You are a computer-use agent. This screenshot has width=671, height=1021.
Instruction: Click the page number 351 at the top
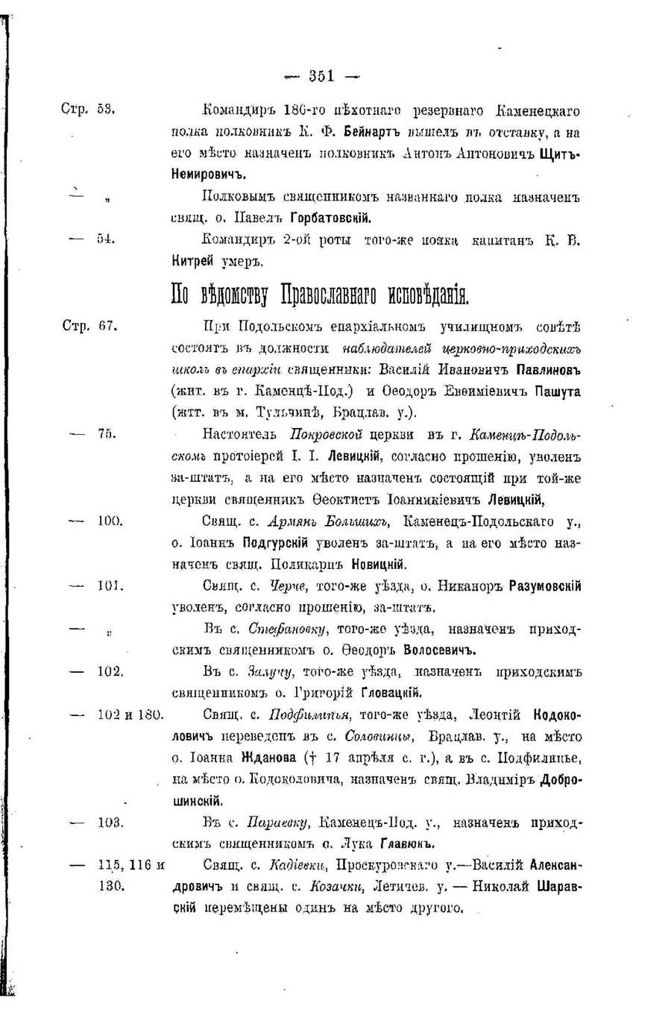[x=322, y=75]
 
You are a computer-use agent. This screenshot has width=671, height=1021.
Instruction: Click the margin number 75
[x=105, y=434]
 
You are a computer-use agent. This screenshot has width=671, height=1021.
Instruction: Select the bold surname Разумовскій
[x=544, y=586]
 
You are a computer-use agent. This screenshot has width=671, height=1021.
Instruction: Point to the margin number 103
[x=110, y=822]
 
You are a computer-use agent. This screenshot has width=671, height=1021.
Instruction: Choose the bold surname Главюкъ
[x=407, y=844]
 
